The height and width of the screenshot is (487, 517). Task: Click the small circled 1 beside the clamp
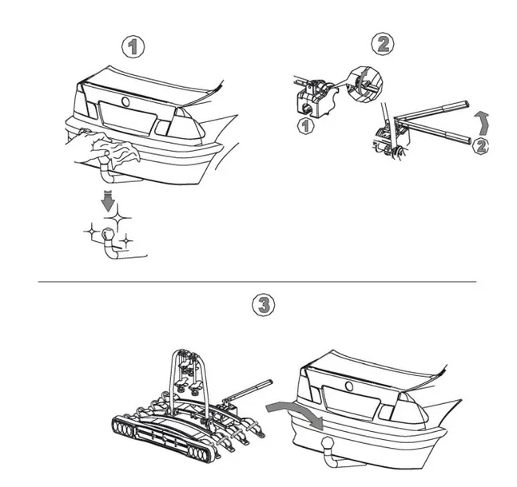(304, 127)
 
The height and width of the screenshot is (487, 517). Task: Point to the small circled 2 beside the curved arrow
(480, 145)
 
